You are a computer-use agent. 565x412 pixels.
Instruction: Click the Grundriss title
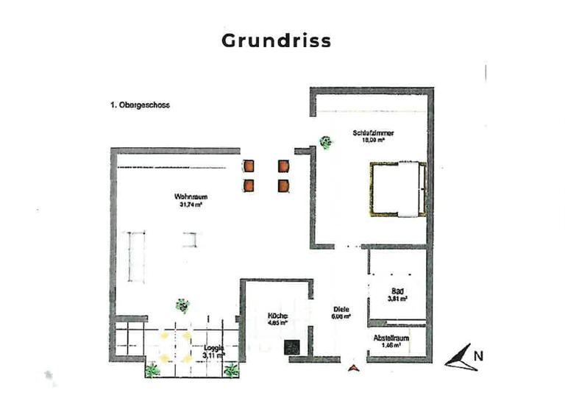pos(277,40)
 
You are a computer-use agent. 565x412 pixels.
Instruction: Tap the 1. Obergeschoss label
pos(140,105)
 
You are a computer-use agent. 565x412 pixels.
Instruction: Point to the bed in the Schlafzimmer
pos(397,189)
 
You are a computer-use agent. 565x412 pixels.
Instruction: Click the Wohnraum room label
pos(190,196)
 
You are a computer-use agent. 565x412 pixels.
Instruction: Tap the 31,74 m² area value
pos(190,205)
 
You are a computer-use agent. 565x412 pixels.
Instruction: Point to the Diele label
pos(340,310)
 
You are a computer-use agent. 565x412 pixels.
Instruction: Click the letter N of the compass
pos(479,355)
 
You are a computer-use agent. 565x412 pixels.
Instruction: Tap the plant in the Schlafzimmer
pos(325,142)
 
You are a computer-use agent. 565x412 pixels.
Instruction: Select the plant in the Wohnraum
pos(182,305)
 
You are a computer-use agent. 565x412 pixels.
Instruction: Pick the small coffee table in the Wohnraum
pos(191,239)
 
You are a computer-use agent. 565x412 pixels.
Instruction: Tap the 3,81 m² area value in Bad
pos(397,299)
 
